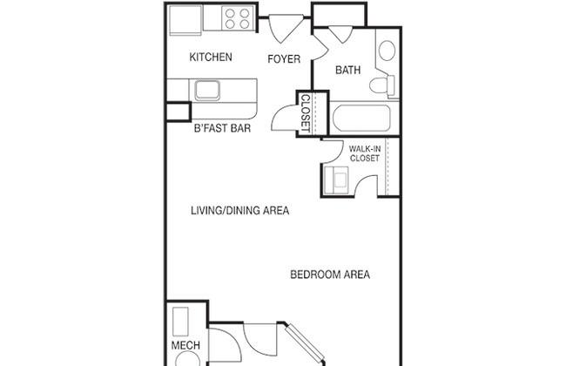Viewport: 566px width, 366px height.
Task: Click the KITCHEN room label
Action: [x=211, y=58]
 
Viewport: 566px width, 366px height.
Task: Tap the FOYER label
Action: [x=284, y=59]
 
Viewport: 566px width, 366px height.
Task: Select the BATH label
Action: [x=348, y=70]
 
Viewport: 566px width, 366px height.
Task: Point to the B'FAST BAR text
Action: [x=222, y=128]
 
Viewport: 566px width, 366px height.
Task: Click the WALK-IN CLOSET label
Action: [x=365, y=153]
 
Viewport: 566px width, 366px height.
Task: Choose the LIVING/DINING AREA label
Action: [x=240, y=211]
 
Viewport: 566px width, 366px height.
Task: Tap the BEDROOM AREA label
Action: [x=330, y=274]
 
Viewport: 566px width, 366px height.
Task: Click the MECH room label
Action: [x=185, y=345]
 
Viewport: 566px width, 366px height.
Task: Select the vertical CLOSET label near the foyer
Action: [x=306, y=113]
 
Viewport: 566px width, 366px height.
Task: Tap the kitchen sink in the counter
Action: [x=207, y=91]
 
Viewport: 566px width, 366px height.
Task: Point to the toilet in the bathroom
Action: [x=382, y=85]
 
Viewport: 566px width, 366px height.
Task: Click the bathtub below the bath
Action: [x=361, y=119]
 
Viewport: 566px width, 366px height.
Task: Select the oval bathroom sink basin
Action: [x=387, y=51]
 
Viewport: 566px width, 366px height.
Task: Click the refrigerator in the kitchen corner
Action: [x=185, y=20]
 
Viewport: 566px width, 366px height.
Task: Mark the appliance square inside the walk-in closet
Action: [x=336, y=180]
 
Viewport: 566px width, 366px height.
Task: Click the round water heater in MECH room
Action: [x=188, y=360]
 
